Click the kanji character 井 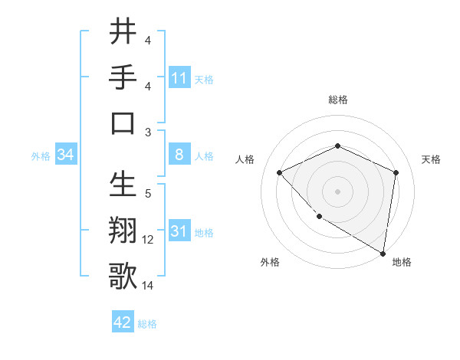click(123, 32)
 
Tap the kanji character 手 click(123, 77)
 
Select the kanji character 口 click(123, 123)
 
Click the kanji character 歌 click(123, 276)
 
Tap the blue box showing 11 click(179, 78)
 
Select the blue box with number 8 click(179, 155)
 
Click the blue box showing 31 click(179, 232)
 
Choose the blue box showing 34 click(65, 155)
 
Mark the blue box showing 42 click(123, 322)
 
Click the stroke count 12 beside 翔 click(148, 240)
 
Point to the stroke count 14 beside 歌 click(148, 286)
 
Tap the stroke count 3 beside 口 click(148, 133)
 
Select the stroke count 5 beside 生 click(148, 194)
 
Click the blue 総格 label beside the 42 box click(147, 324)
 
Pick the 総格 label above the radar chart click(337, 100)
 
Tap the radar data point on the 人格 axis click(280, 172)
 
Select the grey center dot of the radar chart click(337, 191)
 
